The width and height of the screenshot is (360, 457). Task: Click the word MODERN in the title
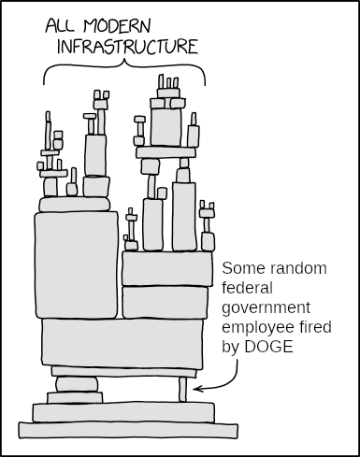[x=117, y=25]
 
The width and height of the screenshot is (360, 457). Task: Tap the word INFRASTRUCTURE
[x=127, y=47]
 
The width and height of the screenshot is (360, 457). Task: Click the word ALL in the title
[x=60, y=25]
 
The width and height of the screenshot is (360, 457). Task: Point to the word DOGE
[x=268, y=347]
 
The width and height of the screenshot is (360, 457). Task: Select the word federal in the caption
[x=248, y=288]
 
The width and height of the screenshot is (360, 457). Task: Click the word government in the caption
[x=266, y=308]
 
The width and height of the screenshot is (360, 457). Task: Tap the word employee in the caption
[x=258, y=328]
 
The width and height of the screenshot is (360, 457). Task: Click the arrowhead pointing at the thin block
[x=197, y=389]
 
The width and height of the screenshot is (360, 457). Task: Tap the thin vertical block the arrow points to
[x=182, y=390]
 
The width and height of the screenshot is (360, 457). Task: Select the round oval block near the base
[x=77, y=385]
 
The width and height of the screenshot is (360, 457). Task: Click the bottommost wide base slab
[x=128, y=431]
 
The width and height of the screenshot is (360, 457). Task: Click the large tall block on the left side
[x=77, y=265]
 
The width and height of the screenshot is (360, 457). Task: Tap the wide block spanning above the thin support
[x=122, y=343]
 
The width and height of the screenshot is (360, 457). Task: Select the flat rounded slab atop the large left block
[x=75, y=205]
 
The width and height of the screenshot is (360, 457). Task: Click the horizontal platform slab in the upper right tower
[x=166, y=152]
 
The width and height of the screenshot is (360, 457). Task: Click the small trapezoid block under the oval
[x=75, y=398]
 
